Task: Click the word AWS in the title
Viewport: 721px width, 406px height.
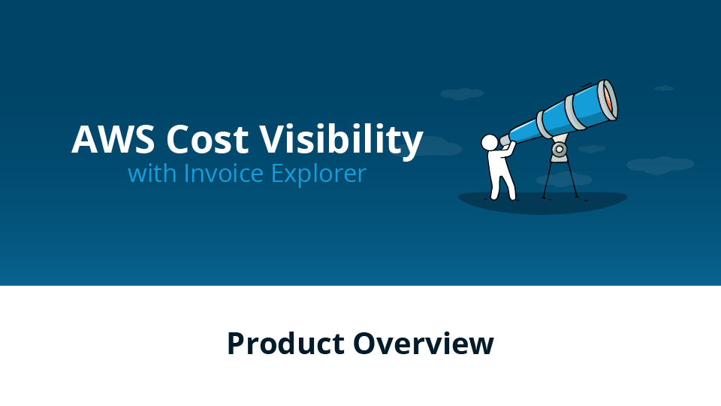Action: (x=113, y=139)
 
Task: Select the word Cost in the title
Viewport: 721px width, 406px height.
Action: (x=207, y=139)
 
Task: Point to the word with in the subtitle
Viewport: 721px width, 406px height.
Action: (x=152, y=174)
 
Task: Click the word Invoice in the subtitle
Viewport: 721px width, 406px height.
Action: (x=224, y=174)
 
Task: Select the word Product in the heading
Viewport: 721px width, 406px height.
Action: (x=285, y=344)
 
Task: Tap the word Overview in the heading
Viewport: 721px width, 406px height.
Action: (x=424, y=344)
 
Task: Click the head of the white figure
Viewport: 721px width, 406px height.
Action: (x=490, y=142)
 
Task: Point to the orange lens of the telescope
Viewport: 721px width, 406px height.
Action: (x=608, y=100)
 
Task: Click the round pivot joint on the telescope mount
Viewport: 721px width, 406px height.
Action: (x=559, y=149)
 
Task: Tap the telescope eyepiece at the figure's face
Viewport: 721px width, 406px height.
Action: (x=504, y=139)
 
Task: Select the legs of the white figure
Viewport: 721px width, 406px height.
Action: (x=502, y=185)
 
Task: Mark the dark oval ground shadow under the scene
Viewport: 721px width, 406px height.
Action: (x=542, y=202)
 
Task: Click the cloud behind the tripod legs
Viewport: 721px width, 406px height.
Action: (x=564, y=179)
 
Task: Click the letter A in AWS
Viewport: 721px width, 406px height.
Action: (x=85, y=139)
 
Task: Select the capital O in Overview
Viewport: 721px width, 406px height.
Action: (x=366, y=344)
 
